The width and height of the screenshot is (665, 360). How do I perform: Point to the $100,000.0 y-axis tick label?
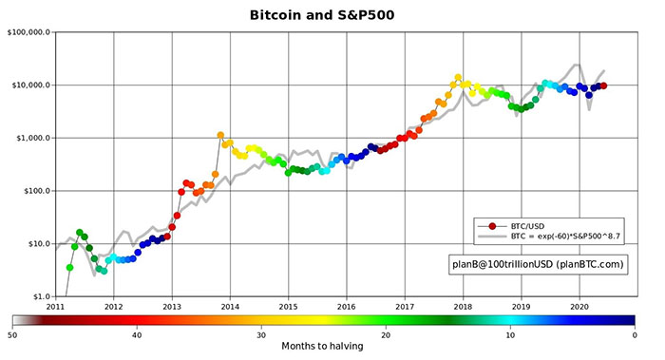[x=28, y=32]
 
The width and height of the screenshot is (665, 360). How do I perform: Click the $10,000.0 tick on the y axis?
[x=29, y=85]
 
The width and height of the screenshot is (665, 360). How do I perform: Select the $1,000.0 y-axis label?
[x=31, y=138]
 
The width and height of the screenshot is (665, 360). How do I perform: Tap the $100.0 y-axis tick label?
[x=34, y=191]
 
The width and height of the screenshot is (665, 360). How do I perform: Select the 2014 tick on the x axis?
[x=230, y=307]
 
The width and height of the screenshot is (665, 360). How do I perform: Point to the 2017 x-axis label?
[x=405, y=307]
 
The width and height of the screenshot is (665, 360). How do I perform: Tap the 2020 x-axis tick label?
[x=579, y=307]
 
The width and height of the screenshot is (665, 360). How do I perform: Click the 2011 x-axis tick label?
[x=55, y=307]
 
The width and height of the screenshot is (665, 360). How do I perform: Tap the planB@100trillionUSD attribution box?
[x=538, y=264]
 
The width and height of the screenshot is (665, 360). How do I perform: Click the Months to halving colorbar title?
[x=323, y=348]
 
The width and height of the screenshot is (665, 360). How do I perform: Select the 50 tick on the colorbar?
[x=13, y=334]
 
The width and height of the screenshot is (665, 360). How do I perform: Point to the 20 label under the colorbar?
[x=386, y=334]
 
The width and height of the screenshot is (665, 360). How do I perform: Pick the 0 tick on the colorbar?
[x=634, y=334]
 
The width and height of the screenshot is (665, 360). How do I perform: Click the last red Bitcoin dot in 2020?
[x=603, y=86]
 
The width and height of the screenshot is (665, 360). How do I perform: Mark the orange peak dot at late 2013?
[x=220, y=135]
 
